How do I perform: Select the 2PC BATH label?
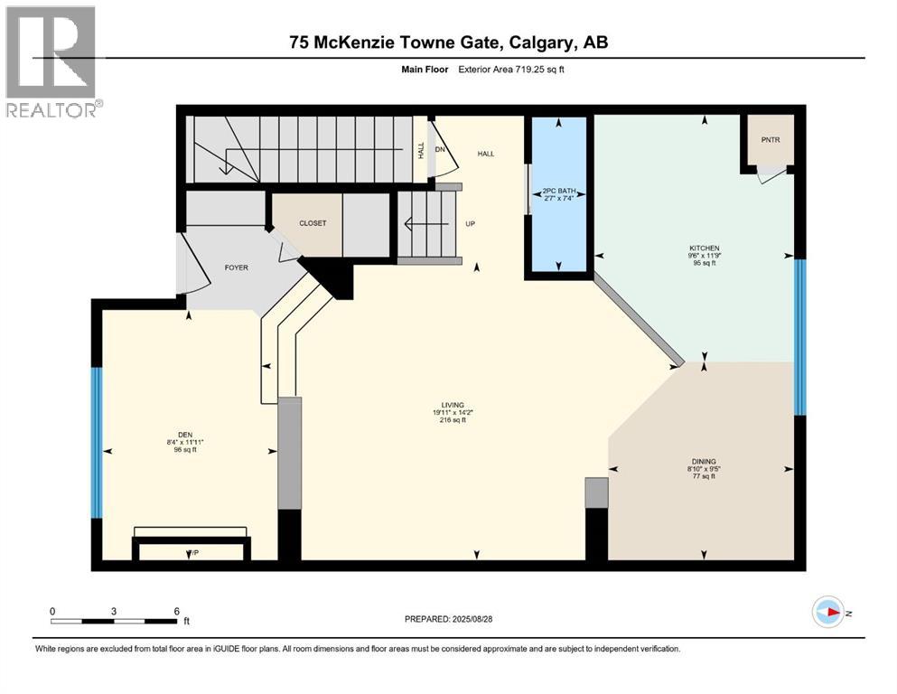[x=558, y=192]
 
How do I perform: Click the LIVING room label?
[x=447, y=405]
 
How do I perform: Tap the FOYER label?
[x=237, y=267]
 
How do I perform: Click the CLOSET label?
[x=313, y=223]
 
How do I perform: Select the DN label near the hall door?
[x=440, y=150]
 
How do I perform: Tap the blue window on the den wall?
[x=97, y=442]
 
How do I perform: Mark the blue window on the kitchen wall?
[x=799, y=336]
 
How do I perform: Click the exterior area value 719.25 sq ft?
[x=542, y=69]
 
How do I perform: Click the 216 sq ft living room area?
[x=447, y=420]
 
